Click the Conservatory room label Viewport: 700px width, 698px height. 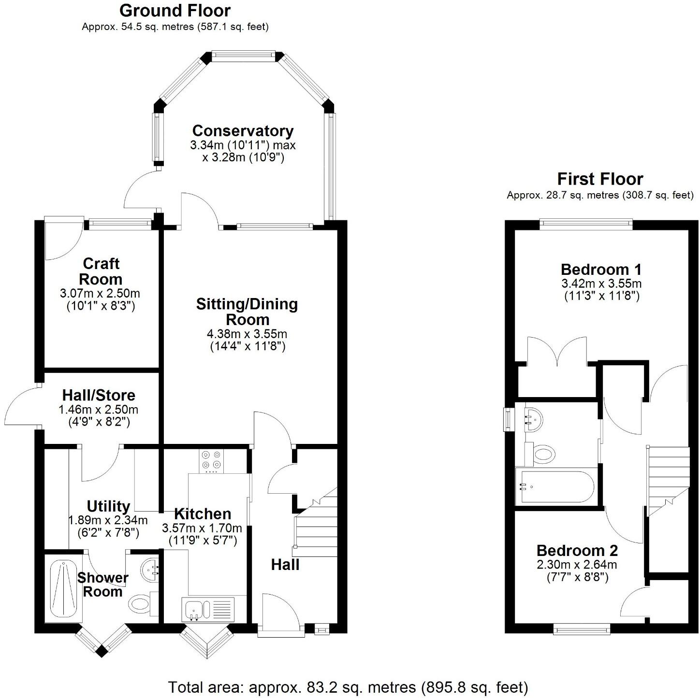pos(243,131)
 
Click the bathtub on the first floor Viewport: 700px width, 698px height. pos(556,486)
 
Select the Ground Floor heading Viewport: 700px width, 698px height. pos(175,10)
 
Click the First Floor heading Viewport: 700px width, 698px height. pos(600,179)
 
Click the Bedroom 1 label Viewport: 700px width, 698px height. pos(601,269)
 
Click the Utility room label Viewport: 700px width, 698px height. pos(108,506)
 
